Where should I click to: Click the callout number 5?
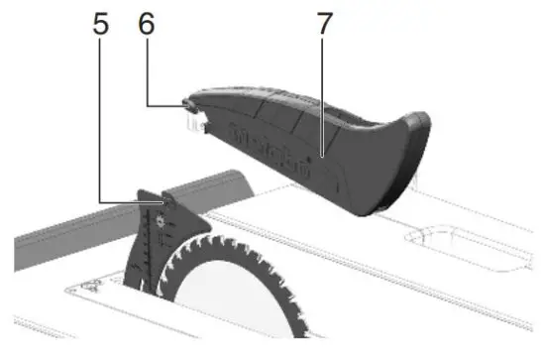[100, 23]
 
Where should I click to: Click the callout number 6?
[147, 23]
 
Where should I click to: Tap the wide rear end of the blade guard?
[396, 159]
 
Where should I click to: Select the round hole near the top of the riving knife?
[165, 206]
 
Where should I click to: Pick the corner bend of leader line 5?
[100, 204]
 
